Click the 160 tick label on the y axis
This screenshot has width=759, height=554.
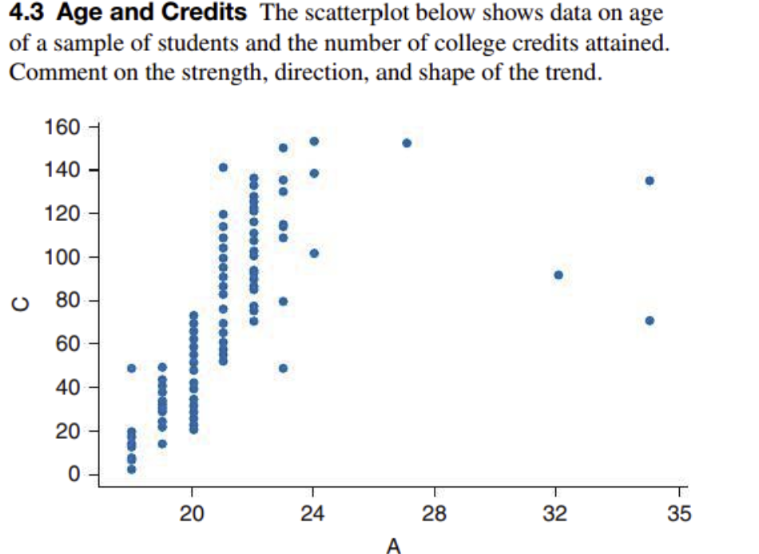click(x=62, y=128)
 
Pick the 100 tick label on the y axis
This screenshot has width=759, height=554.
click(x=62, y=258)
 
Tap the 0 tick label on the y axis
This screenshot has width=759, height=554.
click(x=73, y=475)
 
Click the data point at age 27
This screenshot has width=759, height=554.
click(x=407, y=143)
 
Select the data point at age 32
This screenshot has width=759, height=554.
click(x=558, y=275)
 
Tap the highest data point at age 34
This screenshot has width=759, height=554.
click(x=649, y=180)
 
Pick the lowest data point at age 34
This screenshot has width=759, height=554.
click(x=649, y=320)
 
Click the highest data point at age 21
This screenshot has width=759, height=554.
click(x=223, y=168)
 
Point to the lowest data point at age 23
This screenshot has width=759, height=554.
click(x=283, y=368)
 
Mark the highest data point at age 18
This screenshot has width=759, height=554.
click(x=132, y=368)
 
